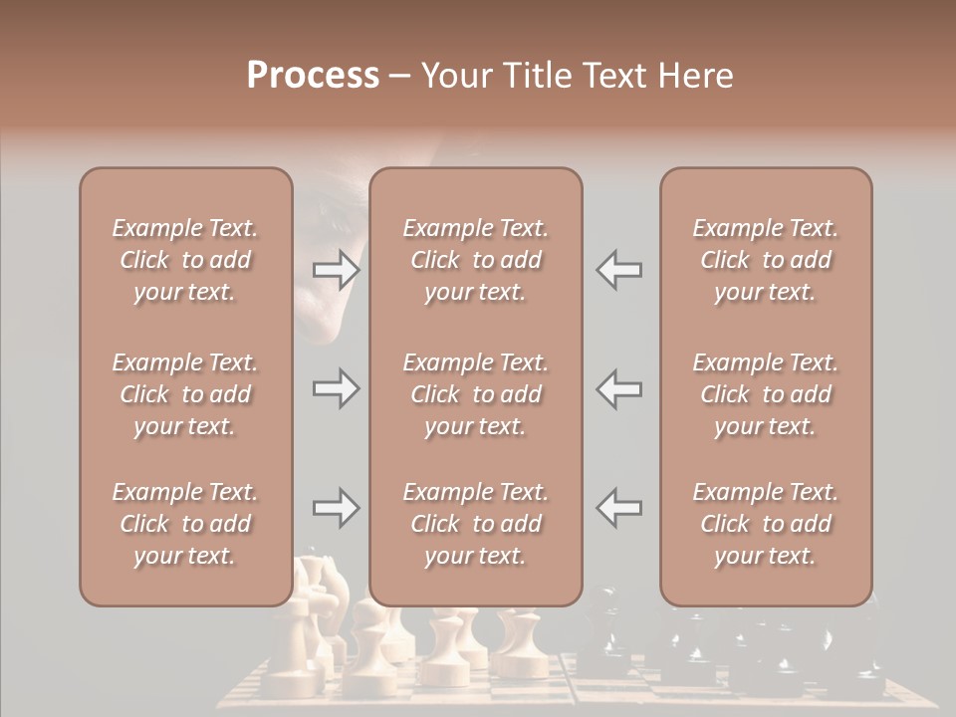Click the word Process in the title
313,76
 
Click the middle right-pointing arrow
336,388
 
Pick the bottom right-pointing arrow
336,508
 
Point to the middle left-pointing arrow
618,388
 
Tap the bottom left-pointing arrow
618,508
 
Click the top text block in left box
185,260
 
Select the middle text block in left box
185,394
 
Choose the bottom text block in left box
185,524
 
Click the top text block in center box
476,260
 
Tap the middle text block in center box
476,394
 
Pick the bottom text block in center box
476,524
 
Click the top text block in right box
766,260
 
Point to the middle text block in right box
766,394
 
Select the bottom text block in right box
766,524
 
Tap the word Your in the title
453,76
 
